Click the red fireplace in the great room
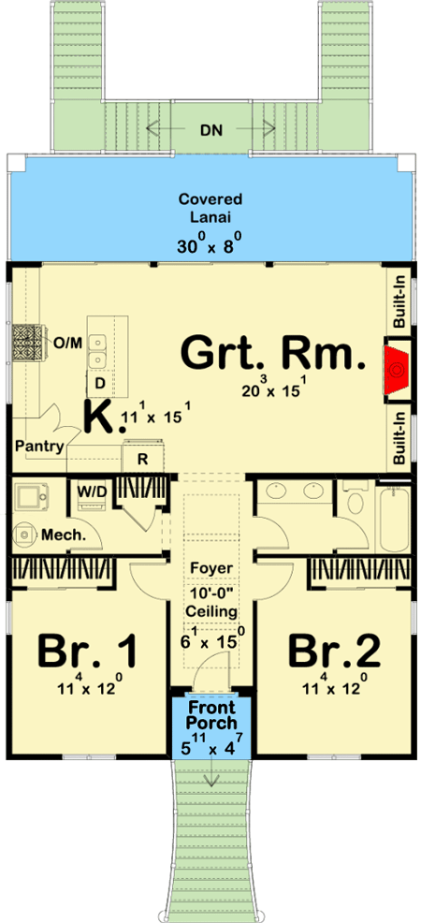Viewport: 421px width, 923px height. pos(397,369)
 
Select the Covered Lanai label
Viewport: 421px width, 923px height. pos(210,207)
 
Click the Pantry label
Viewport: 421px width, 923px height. pos(39,447)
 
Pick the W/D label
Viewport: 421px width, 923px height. pos(93,490)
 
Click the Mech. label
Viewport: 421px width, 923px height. pos(65,535)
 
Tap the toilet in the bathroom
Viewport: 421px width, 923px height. pos(356,502)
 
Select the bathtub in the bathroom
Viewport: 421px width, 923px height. pos(393,518)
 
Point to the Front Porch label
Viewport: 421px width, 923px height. pos(211,714)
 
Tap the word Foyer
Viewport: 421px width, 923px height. pos(211,568)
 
